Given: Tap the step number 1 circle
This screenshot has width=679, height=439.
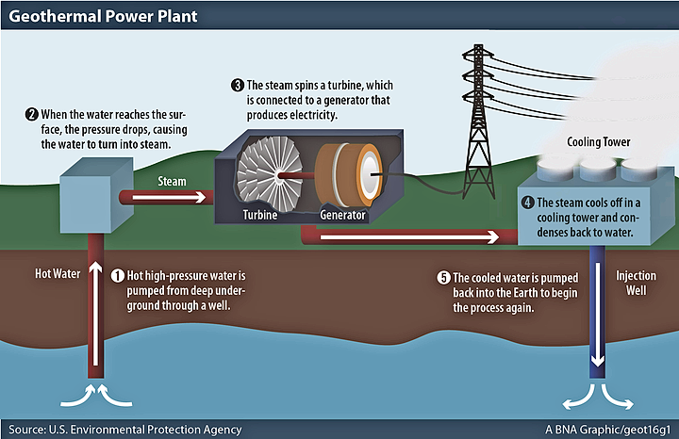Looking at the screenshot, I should coord(118,276).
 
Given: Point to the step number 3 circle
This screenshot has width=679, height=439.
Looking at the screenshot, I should coord(238,86).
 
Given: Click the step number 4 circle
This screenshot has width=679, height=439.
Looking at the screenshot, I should coord(529,201).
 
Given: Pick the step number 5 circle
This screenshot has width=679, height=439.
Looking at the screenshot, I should coord(443,278).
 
